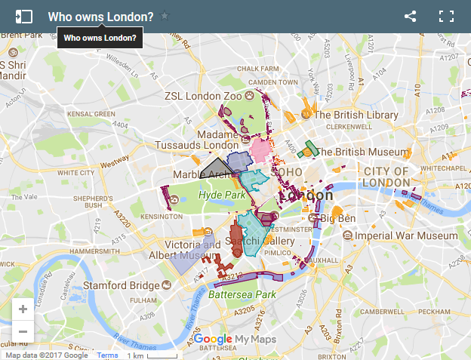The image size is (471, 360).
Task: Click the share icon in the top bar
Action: click(x=411, y=16)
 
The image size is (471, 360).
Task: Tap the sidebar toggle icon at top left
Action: click(x=24, y=16)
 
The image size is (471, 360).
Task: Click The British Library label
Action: click(x=356, y=115)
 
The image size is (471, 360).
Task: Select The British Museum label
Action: click(x=362, y=152)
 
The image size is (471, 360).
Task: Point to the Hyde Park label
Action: click(x=223, y=195)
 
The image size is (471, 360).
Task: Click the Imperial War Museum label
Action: click(x=398, y=235)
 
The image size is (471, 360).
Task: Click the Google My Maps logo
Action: click(x=235, y=340)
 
